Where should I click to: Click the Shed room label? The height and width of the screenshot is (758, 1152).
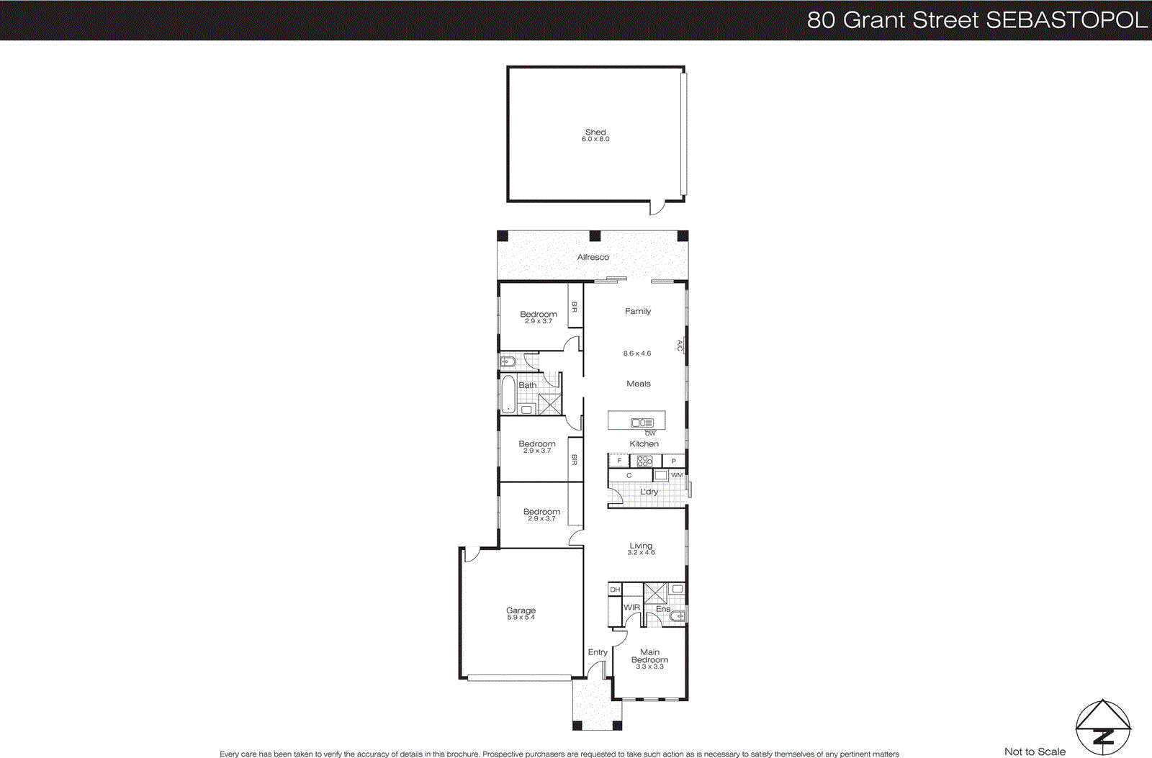pyautogui.click(x=595, y=132)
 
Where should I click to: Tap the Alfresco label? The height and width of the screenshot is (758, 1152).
pyautogui.click(x=593, y=257)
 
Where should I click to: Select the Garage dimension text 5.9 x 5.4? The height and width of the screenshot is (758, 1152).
pyautogui.click(x=521, y=618)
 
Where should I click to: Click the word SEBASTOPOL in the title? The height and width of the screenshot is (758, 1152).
pyautogui.click(x=1066, y=20)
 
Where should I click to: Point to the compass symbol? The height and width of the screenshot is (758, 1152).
pyautogui.click(x=1102, y=728)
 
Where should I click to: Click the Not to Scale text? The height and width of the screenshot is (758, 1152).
pyautogui.click(x=1035, y=752)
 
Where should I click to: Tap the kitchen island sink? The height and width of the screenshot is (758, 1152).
pyautogui.click(x=642, y=423)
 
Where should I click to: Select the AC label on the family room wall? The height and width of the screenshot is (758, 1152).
pyautogui.click(x=680, y=346)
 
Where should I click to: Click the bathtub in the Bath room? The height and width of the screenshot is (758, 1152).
pyautogui.click(x=508, y=394)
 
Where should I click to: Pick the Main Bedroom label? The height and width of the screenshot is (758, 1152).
pyautogui.click(x=649, y=656)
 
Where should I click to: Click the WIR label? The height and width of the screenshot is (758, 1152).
pyautogui.click(x=631, y=608)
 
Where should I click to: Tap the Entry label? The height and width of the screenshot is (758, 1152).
pyautogui.click(x=598, y=652)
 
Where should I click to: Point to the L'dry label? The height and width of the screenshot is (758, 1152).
pyautogui.click(x=649, y=492)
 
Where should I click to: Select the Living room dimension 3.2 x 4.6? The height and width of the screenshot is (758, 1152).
pyautogui.click(x=641, y=553)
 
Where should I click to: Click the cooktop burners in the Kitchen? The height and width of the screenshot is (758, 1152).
pyautogui.click(x=644, y=461)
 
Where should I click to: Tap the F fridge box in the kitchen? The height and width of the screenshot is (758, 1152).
pyautogui.click(x=619, y=461)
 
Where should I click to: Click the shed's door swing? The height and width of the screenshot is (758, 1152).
pyautogui.click(x=657, y=208)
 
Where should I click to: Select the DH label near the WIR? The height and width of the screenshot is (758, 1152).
pyautogui.click(x=615, y=590)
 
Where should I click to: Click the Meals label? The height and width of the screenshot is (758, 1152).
pyautogui.click(x=638, y=384)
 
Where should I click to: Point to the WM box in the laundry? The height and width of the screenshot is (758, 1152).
pyautogui.click(x=677, y=475)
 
